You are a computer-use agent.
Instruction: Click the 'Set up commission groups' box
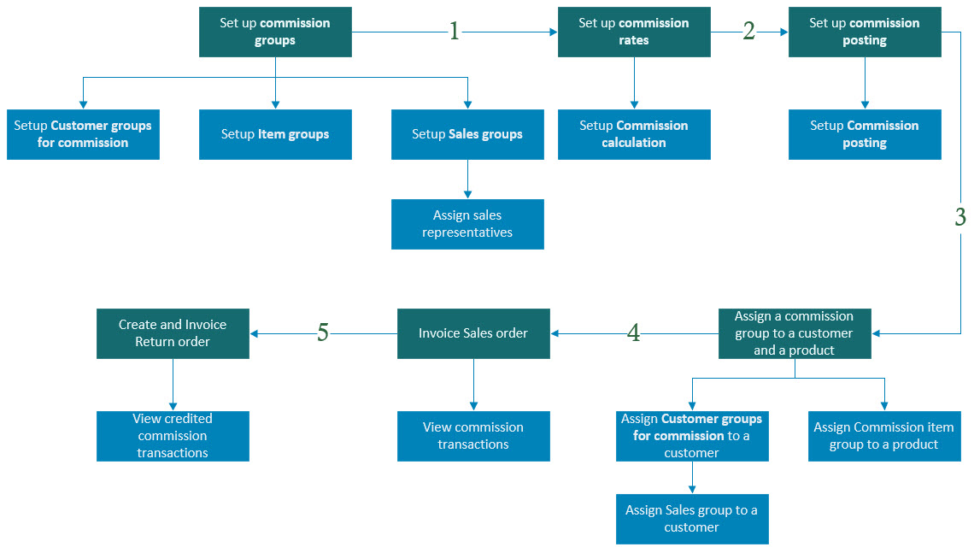tap(275, 32)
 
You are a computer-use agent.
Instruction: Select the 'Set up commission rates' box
tap(634, 32)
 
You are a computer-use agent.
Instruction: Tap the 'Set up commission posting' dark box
tap(865, 32)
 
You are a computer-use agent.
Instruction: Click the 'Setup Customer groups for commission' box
tap(83, 134)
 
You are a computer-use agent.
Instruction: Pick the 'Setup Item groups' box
tap(275, 134)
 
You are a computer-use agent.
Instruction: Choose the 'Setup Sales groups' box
tap(467, 134)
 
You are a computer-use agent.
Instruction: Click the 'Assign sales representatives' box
tap(467, 224)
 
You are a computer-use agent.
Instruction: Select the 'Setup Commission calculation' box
tap(634, 134)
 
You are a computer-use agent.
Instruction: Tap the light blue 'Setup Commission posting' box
tap(865, 134)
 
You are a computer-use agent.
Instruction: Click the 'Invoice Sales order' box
tap(473, 333)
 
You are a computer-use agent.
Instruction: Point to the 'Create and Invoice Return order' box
tap(173, 333)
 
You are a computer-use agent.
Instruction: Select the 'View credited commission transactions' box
tap(173, 436)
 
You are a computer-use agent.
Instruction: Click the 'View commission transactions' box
tap(473, 436)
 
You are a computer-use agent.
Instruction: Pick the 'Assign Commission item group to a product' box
tap(884, 436)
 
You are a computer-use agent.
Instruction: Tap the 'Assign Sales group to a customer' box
tap(692, 519)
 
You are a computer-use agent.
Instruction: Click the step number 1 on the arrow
tap(455, 32)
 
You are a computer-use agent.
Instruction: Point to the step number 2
tap(749, 32)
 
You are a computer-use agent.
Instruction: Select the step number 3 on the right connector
tap(961, 217)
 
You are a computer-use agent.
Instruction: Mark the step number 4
tap(633, 333)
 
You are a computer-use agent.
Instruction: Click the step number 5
tap(323, 333)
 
